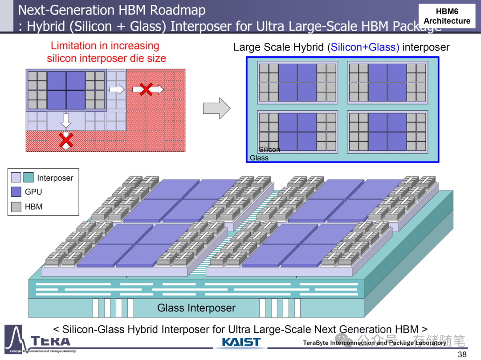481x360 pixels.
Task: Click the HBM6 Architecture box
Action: tap(447, 16)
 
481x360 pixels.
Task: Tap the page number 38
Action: tap(462, 354)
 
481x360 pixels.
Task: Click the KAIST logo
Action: tap(241, 342)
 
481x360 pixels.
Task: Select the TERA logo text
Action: tap(51, 342)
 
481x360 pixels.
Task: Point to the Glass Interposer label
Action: tap(196, 307)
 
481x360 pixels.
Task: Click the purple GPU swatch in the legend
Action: tap(16, 192)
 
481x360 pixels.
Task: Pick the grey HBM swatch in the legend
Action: tap(16, 206)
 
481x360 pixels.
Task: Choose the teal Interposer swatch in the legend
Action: tap(28, 178)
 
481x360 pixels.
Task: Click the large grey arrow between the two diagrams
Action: tap(216, 108)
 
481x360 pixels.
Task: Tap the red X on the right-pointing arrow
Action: tap(146, 89)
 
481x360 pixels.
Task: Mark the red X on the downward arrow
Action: tap(66, 140)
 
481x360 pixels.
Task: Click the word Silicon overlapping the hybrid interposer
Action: tap(269, 150)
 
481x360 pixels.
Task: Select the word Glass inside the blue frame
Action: tap(259, 158)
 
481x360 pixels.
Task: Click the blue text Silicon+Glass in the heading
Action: tap(365, 47)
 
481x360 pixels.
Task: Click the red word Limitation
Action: tap(73, 45)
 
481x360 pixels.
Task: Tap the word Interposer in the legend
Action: tap(55, 178)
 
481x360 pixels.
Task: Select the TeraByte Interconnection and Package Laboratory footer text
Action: tap(374, 343)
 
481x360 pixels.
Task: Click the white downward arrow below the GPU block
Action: tap(66, 120)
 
